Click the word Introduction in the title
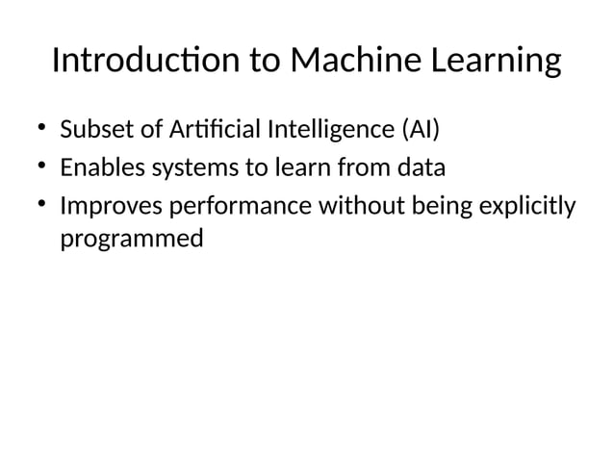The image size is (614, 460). point(145,61)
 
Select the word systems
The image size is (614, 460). point(194,170)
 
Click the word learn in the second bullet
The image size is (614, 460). point(301,168)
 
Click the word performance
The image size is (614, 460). point(232,209)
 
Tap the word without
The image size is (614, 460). point(356,208)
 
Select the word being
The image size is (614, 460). point(432,209)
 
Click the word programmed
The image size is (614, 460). point(132,239)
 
